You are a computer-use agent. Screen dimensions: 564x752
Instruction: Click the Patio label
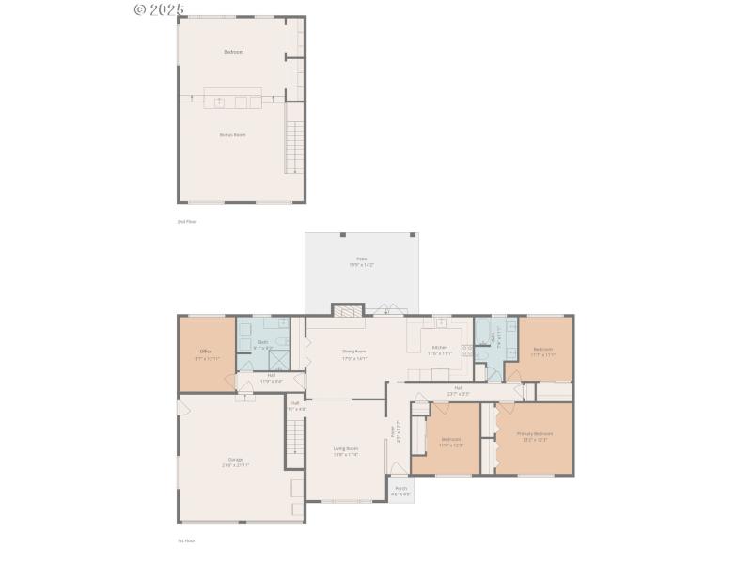361,258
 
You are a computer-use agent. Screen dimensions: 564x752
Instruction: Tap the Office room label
206,352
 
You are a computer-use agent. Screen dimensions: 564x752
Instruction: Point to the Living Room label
345,449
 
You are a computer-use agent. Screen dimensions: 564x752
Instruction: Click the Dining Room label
353,352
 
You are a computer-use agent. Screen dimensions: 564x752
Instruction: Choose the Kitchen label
440,347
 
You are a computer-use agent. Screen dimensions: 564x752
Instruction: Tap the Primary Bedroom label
534,434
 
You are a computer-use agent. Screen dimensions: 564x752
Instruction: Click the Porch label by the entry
400,489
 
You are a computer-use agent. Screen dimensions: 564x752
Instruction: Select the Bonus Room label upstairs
232,134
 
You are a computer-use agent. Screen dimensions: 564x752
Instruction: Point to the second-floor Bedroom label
233,52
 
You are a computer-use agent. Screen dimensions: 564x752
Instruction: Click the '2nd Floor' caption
186,221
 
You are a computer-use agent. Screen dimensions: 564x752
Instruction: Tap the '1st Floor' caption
186,540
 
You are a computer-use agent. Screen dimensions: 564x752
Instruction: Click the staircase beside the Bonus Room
294,150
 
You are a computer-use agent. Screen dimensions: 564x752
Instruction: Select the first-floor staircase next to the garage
295,437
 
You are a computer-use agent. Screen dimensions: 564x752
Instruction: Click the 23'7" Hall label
459,387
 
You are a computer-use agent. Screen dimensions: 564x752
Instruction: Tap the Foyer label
393,433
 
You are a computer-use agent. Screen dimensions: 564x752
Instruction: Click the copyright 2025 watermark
159,9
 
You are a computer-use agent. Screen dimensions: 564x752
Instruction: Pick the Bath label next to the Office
263,342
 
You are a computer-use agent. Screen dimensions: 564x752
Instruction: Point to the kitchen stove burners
466,351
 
